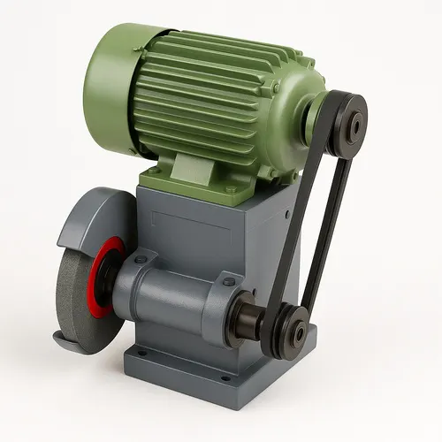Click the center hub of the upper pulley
[x=355, y=125]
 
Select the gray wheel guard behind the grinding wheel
[x=88, y=217]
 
